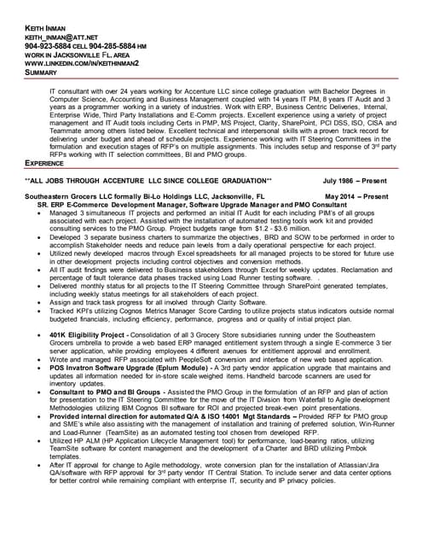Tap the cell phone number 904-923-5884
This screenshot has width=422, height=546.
pyautogui.click(x=47, y=48)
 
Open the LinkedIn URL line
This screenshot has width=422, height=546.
pyautogui.click(x=82, y=65)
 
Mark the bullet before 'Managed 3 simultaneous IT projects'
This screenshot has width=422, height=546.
pyautogui.click(x=41, y=213)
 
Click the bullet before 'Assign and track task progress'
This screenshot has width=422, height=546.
pyautogui.click(x=41, y=303)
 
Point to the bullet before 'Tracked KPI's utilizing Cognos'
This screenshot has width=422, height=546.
pyautogui.click(x=41, y=311)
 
